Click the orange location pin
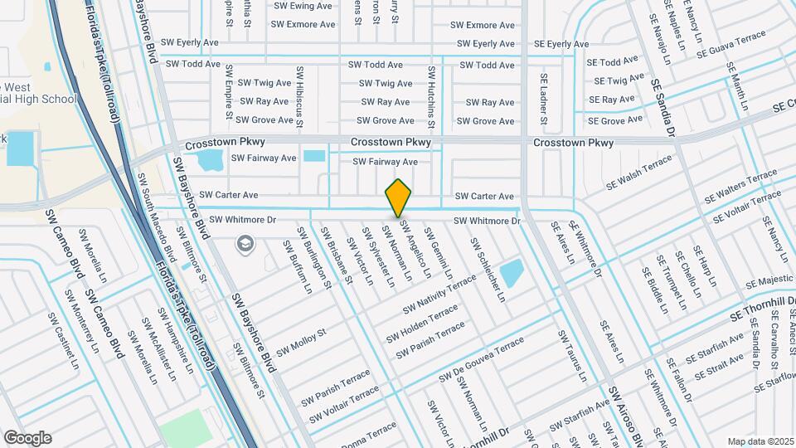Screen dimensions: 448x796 point(398,197)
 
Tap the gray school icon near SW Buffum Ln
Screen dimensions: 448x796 point(245,243)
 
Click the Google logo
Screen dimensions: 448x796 point(27,437)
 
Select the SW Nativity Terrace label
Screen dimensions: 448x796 point(439,295)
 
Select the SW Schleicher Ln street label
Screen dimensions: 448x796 point(488,270)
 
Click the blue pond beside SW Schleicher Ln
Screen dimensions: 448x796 point(512,272)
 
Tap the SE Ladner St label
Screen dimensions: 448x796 point(544,99)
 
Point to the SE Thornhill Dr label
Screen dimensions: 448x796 point(763,308)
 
